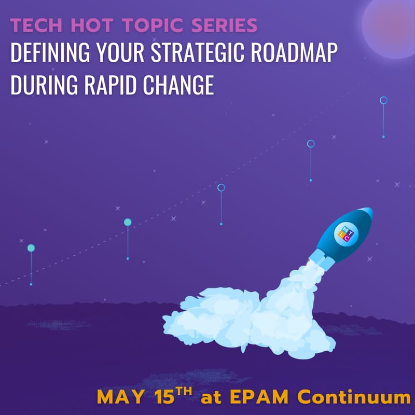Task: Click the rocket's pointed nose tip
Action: coord(369,210)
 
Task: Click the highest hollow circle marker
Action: coord(383,100)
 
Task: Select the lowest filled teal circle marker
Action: coord(31,248)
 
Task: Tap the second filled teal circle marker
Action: coord(128,222)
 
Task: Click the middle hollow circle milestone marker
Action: coord(221,187)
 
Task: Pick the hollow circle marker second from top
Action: coord(311,144)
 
